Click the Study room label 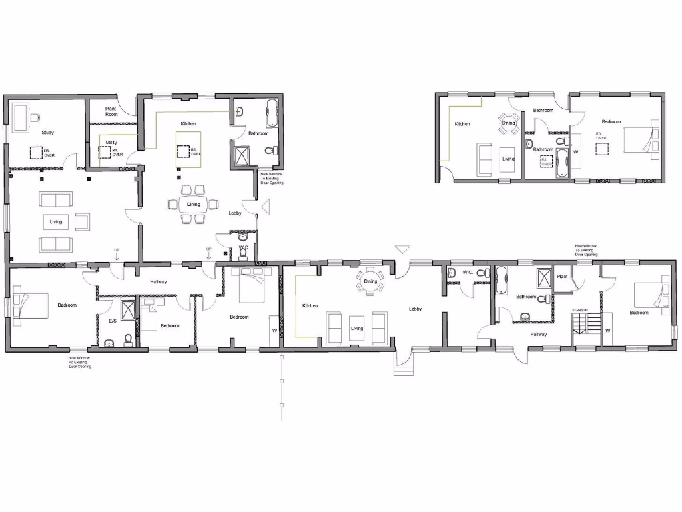(47, 133)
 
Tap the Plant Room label (111, 111)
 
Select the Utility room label (111, 143)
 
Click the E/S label (113, 321)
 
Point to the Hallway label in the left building (159, 282)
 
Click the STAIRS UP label (580, 311)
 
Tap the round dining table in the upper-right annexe (508, 123)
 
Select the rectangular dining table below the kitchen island (193, 204)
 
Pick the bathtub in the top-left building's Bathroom (273, 113)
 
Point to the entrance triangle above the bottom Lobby (402, 250)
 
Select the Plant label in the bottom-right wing (562, 275)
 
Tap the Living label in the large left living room (56, 221)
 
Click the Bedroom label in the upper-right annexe (611, 121)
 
